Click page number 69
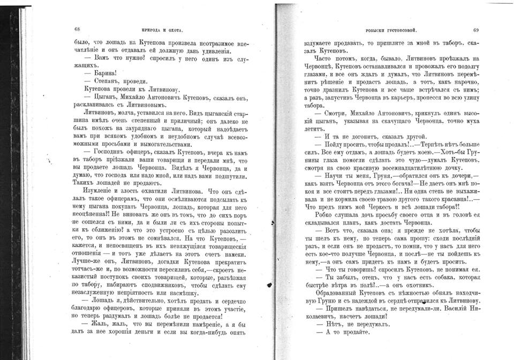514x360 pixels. tap(476, 30)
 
